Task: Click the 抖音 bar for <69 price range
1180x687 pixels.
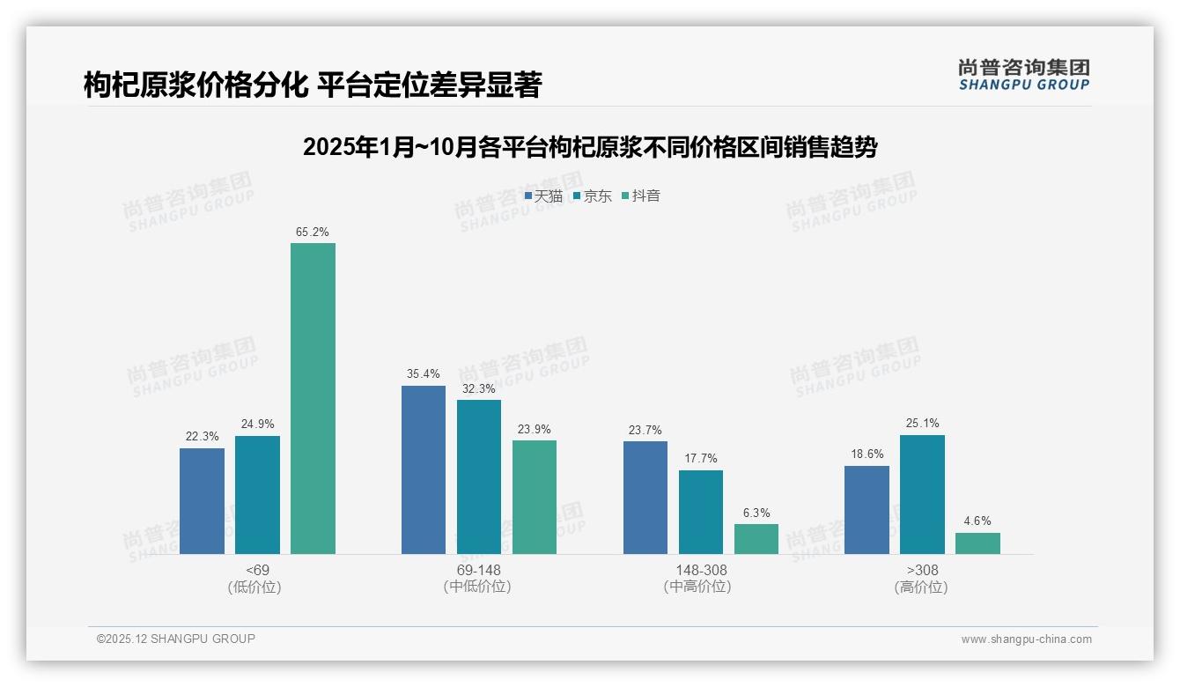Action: [x=313, y=398]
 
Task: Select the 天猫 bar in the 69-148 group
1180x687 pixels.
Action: [x=424, y=469]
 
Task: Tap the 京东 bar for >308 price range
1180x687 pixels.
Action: [x=922, y=494]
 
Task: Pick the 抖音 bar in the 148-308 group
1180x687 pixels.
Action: [x=756, y=539]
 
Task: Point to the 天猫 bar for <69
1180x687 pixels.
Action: [x=202, y=500]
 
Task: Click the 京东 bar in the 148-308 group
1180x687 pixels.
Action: [x=701, y=512]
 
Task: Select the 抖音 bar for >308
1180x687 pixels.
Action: [x=977, y=543]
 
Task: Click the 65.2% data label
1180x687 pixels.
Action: [x=313, y=233]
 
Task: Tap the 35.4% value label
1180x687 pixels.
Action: [x=424, y=374]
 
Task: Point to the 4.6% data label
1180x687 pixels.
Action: [x=977, y=521]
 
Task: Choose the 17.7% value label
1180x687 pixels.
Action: [x=701, y=459]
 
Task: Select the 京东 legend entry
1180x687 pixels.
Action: [x=593, y=196]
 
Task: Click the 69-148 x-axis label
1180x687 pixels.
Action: [x=478, y=571]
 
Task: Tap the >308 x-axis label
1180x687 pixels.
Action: [x=921, y=571]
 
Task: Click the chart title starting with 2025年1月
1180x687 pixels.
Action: [x=590, y=148]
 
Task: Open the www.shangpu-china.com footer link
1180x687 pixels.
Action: [x=1026, y=639]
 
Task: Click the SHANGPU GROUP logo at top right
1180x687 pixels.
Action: [x=1023, y=75]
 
